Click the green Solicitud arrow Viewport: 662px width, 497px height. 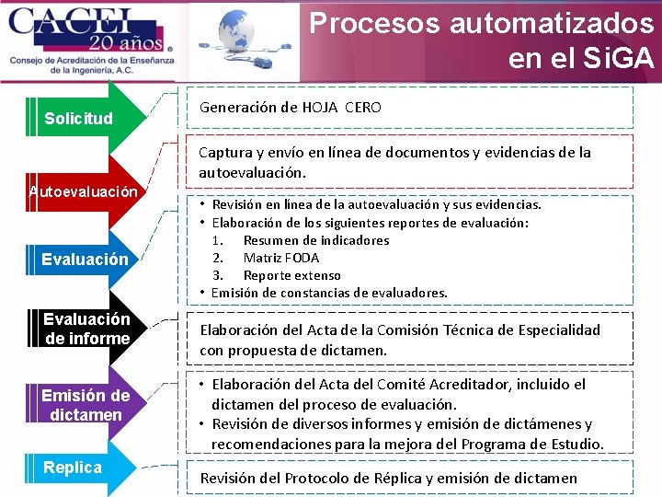click(83, 118)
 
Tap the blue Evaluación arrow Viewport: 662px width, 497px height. click(85, 260)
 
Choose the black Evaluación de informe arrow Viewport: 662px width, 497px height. click(86, 329)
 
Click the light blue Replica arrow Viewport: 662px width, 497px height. click(74, 468)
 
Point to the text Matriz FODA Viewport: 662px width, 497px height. click(281, 258)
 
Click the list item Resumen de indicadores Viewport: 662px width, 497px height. click(315, 240)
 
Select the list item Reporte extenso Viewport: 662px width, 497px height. click(291, 275)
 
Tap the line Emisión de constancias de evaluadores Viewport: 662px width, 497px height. click(329, 293)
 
